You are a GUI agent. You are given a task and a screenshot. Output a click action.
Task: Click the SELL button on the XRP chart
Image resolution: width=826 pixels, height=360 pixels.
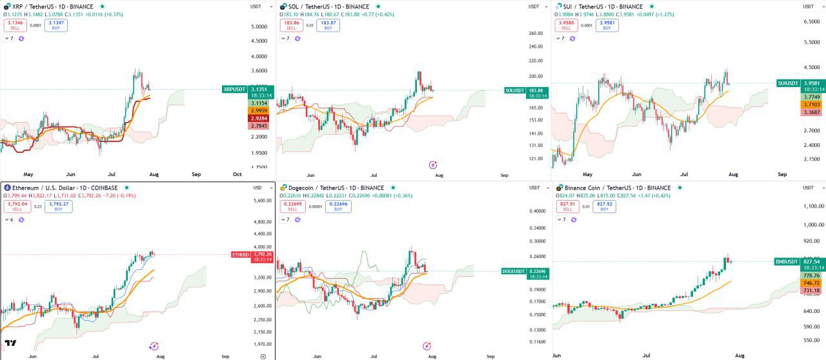click(x=15, y=25)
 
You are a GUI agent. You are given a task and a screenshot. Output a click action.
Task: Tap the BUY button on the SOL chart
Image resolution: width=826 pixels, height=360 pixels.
click(x=328, y=25)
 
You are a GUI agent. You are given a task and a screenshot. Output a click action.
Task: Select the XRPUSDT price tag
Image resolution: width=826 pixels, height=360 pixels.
click(x=234, y=89)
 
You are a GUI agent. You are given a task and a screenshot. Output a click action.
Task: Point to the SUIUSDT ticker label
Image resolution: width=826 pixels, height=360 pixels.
click(x=788, y=83)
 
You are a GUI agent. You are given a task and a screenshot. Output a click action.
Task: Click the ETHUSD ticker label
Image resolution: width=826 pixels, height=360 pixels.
click(x=241, y=255)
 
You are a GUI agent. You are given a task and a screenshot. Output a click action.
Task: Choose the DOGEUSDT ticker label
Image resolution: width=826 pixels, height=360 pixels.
click(x=514, y=272)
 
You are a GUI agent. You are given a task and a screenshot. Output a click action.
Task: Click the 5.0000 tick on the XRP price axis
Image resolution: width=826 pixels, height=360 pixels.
click(x=259, y=26)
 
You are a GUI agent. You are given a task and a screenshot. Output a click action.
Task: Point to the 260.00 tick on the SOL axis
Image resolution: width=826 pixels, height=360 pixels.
click(x=535, y=33)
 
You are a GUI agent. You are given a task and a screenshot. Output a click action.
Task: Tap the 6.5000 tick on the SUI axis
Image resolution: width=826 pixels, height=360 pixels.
click(x=811, y=22)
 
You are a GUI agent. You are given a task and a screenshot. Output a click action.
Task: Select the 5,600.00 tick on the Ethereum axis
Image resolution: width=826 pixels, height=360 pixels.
click(x=263, y=201)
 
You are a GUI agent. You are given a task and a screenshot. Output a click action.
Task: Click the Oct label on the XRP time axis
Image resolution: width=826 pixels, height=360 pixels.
click(x=237, y=174)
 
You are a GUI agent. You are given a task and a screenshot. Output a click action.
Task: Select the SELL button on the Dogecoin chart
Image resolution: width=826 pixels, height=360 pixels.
click(x=292, y=206)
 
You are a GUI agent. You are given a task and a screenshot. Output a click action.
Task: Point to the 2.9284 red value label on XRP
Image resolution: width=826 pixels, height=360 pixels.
click(x=259, y=119)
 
